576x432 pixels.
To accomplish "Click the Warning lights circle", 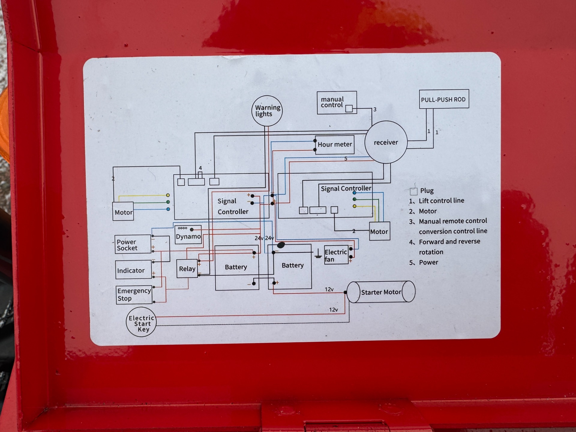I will (x=267, y=111).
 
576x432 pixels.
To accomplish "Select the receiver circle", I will (x=386, y=142).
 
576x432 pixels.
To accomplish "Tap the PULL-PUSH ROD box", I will (x=444, y=99).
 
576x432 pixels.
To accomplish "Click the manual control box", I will (x=337, y=103).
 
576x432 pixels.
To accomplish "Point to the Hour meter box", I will (x=334, y=145).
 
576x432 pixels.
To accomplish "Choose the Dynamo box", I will (x=188, y=235).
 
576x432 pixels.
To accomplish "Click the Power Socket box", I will (x=133, y=244).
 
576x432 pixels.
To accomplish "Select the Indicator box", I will (x=133, y=270).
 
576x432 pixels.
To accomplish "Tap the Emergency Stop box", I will (x=134, y=295).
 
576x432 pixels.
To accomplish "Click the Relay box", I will (x=187, y=268).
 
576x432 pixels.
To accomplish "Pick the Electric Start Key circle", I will (x=141, y=322).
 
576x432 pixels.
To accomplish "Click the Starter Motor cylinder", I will (x=381, y=292).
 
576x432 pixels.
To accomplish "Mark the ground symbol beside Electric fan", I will (x=318, y=254).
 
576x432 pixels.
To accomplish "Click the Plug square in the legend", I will (x=413, y=191).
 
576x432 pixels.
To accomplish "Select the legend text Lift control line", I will (x=441, y=201).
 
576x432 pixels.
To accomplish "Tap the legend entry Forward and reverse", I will (x=449, y=241).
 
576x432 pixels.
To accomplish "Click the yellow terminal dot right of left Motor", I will (x=168, y=195).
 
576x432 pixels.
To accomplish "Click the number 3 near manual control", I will (x=375, y=109).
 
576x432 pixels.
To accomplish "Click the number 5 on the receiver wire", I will (x=346, y=159).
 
